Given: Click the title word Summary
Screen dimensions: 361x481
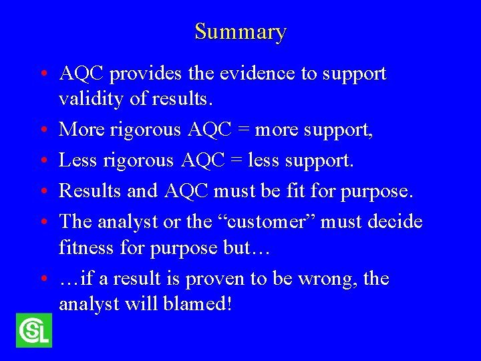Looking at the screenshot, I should pos(240,31).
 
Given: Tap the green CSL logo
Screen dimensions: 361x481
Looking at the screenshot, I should pos(33,330).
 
